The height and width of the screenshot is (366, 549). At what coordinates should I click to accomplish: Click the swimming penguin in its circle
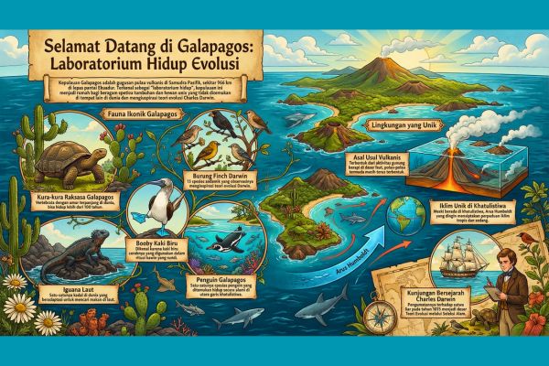click(224, 242)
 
